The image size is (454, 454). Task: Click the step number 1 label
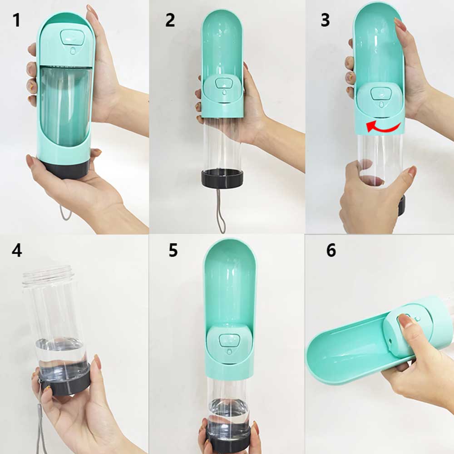(x=16, y=20)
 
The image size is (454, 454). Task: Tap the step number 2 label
(x=170, y=20)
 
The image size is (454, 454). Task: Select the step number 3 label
(x=325, y=20)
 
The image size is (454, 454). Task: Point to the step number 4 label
(x=17, y=250)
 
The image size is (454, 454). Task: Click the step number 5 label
(x=173, y=250)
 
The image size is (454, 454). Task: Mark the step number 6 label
(x=331, y=250)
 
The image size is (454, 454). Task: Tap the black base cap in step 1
(x=66, y=169)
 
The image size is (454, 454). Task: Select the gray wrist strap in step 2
(x=221, y=209)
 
